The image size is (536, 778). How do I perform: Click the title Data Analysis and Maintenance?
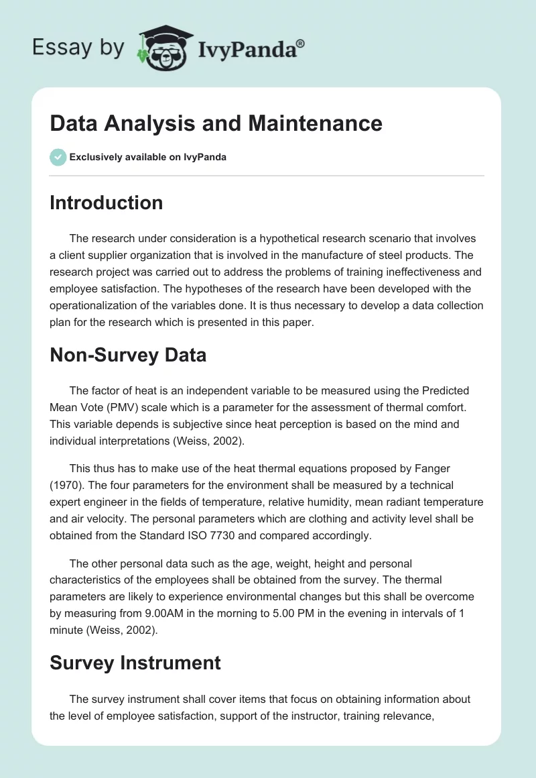(216, 123)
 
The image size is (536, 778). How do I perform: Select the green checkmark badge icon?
(58, 157)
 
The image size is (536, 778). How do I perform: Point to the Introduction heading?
(106, 203)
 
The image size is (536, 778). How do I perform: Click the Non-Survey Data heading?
(128, 355)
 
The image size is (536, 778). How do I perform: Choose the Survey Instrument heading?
(135, 663)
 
